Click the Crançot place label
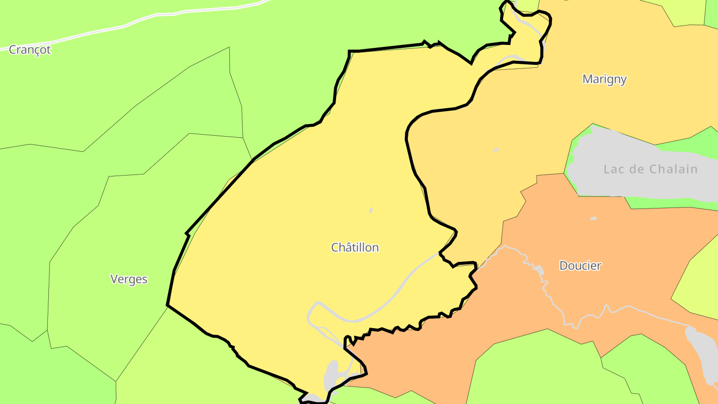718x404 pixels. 30,50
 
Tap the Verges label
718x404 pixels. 129,279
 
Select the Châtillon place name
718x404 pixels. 355,247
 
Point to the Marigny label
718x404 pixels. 604,79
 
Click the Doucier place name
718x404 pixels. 580,265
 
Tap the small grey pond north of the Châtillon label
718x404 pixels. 371,210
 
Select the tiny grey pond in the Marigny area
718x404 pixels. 496,150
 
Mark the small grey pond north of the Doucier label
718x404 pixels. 593,218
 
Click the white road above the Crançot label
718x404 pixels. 150,17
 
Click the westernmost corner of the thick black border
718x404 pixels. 167,305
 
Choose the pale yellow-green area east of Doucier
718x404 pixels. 698,289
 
